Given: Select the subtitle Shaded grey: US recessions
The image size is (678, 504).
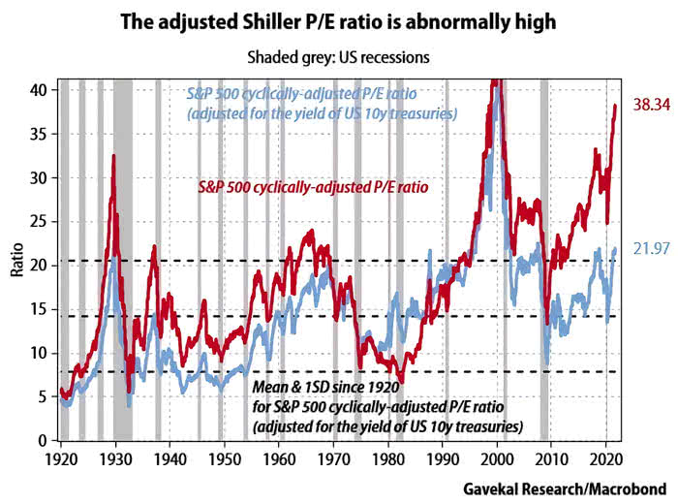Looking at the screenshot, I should (338, 57).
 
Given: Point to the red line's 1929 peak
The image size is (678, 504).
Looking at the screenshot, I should (113, 156).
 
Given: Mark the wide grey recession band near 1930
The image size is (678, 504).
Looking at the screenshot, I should (123, 291).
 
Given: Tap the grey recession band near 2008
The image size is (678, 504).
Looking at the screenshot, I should (544, 291).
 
